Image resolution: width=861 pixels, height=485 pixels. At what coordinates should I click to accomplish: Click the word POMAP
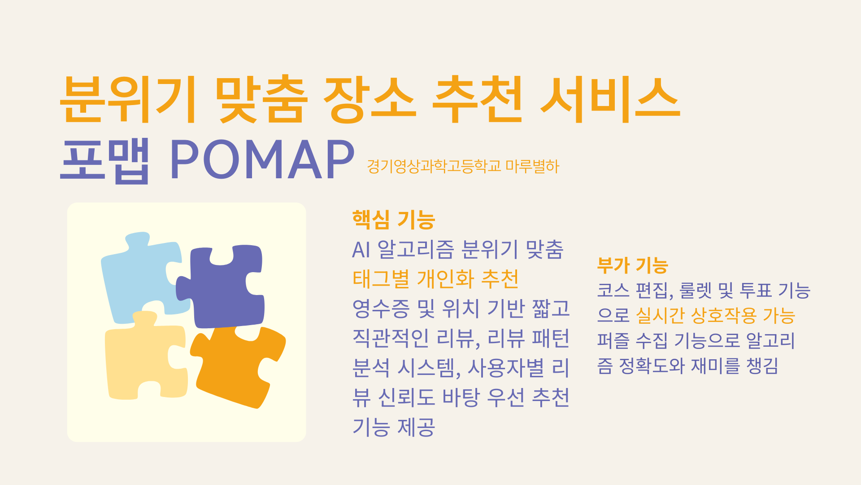click(262, 160)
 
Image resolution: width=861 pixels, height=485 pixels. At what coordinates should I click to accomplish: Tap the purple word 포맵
click(105, 160)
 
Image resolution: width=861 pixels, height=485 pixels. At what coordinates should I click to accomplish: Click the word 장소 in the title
click(370, 100)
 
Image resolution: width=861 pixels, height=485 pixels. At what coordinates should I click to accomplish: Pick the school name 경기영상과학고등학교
click(434, 167)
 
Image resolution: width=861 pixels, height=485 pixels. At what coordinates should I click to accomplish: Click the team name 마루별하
click(532, 167)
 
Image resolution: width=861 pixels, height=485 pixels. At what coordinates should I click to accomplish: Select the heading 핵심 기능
click(394, 220)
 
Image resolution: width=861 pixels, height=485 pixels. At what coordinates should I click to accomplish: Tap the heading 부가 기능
click(633, 265)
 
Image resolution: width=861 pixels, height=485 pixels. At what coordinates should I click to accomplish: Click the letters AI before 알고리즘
click(361, 250)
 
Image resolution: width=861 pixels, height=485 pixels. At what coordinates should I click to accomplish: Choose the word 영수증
click(381, 309)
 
